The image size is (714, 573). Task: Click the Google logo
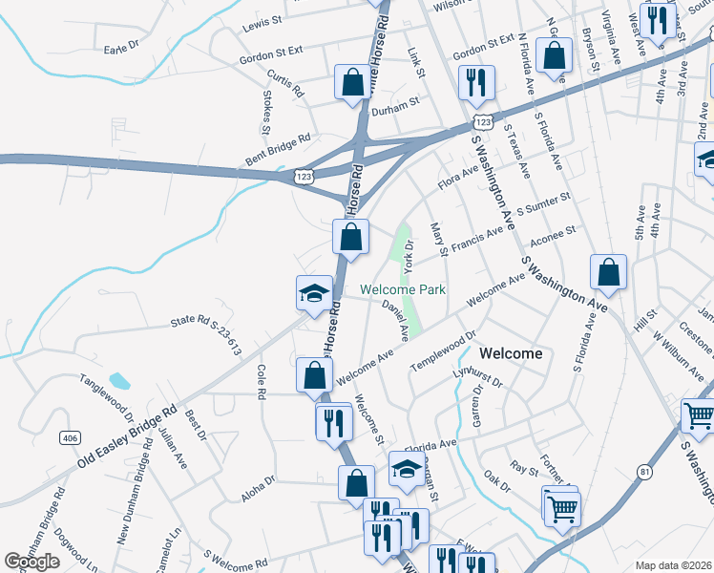click(x=31, y=562)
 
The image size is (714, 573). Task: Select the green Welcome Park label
click(x=403, y=290)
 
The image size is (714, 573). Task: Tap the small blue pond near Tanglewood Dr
click(x=119, y=381)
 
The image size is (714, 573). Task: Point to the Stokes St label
click(x=266, y=113)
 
